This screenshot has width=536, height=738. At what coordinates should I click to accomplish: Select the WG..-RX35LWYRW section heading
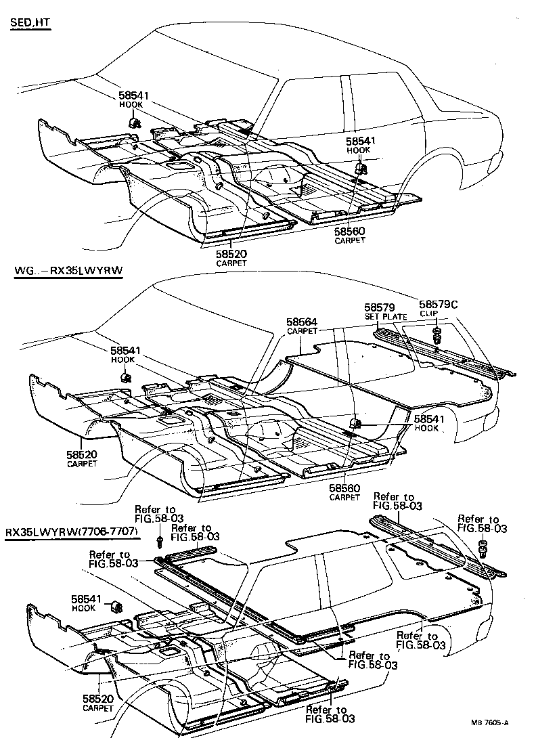72,272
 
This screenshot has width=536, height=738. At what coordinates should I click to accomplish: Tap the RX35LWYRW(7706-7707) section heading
72,533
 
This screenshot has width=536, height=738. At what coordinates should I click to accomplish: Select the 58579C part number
438,305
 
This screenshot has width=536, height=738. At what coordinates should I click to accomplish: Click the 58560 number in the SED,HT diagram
350,231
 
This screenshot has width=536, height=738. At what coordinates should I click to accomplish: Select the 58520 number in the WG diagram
82,454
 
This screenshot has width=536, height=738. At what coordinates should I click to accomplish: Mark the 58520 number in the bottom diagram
98,698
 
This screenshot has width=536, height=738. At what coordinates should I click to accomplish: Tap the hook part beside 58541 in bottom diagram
116,604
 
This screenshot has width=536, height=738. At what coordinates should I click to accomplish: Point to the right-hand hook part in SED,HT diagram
361,167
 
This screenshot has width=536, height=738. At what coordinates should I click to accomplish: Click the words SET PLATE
385,316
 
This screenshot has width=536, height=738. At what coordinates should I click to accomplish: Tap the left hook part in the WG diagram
126,376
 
